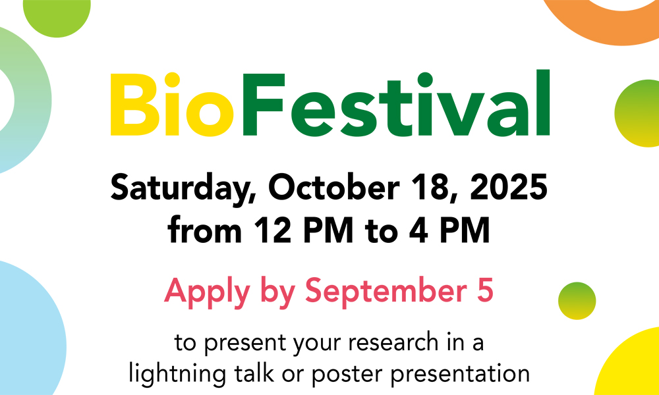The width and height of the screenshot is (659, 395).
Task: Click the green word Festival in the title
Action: [x=395, y=103]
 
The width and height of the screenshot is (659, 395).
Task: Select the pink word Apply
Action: [x=207, y=292]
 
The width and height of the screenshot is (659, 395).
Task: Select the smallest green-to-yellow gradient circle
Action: [x=577, y=301]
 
